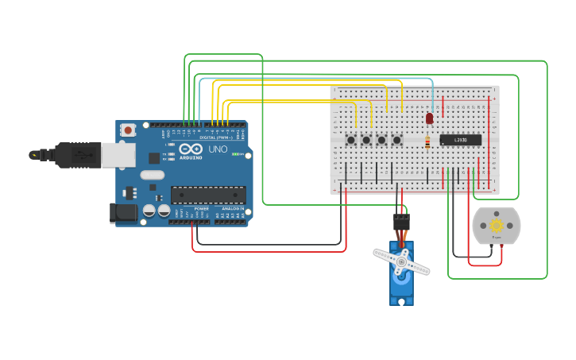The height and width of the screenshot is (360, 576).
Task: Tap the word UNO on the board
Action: (218, 149)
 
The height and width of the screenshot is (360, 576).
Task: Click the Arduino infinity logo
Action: (191, 149)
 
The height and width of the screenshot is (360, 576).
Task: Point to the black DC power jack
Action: (118, 211)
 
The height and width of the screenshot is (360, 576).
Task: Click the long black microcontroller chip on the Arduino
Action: (208, 195)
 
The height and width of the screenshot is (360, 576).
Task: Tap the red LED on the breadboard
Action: (429, 118)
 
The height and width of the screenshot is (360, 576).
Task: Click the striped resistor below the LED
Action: (429, 143)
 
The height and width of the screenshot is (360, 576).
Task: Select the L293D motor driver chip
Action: (461, 140)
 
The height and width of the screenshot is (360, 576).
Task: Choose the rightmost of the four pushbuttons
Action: (397, 140)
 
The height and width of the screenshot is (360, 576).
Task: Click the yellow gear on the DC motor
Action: (497, 226)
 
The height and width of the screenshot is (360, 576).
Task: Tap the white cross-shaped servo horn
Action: (401, 261)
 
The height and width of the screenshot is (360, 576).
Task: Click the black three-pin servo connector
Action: (402, 222)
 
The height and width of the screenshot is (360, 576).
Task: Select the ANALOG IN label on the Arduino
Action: (232, 208)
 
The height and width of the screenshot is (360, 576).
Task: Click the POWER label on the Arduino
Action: (202, 208)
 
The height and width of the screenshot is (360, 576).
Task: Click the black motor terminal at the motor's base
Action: (497, 246)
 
